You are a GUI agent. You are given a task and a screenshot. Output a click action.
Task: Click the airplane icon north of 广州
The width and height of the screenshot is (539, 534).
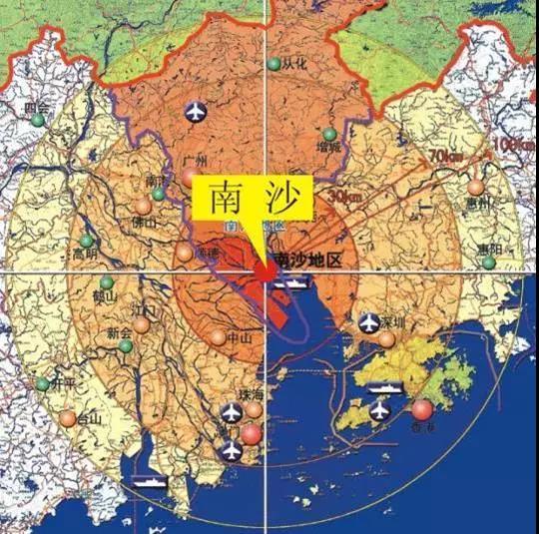[x=196, y=109]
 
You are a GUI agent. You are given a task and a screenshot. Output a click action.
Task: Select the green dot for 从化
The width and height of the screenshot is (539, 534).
[x=273, y=65]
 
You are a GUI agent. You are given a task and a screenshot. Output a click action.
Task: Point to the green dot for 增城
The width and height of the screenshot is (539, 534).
[x=329, y=134]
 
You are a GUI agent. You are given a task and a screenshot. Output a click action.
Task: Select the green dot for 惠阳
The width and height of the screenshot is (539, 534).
[x=489, y=263]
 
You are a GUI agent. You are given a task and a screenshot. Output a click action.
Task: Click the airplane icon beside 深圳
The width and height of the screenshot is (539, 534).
[x=367, y=322]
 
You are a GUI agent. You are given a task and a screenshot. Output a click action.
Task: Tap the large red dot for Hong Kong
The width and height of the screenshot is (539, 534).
[x=422, y=409]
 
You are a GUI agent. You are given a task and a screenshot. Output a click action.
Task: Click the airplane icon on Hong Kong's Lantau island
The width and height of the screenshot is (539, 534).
[x=379, y=410]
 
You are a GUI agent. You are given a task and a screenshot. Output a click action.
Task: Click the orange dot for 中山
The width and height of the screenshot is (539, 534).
[x=219, y=337]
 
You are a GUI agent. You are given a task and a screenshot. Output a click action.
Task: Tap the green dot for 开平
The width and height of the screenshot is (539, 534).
[x=43, y=383]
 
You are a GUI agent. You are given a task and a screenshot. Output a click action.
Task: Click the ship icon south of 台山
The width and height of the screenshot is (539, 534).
[x=149, y=482]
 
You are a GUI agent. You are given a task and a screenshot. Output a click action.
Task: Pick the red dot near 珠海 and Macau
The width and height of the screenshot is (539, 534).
[x=251, y=434]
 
